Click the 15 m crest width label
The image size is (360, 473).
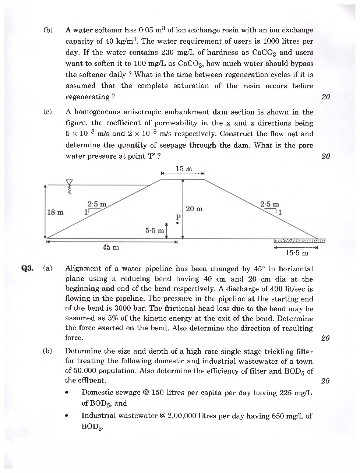point(184,169)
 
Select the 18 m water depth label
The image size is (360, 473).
point(56,212)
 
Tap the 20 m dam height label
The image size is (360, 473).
point(194,209)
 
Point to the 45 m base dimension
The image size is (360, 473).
point(111,247)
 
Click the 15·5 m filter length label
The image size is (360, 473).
point(297,253)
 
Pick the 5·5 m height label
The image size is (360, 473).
point(155,231)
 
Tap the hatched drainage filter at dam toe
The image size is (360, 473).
point(300,241)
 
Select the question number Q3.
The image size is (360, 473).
point(27,268)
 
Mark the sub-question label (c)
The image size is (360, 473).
point(47,112)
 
